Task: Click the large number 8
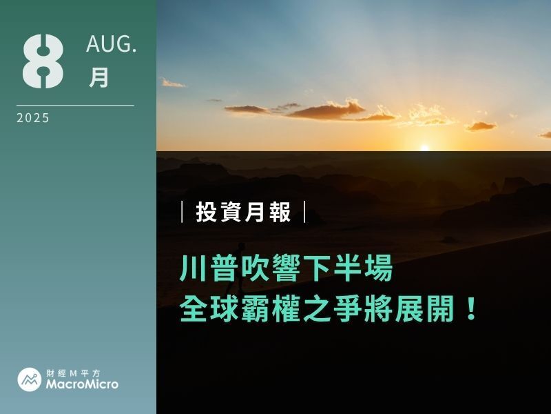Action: [x=43, y=61]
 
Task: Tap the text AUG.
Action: [x=111, y=44]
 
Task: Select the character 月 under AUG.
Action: [x=98, y=77]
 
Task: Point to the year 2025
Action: [x=33, y=118]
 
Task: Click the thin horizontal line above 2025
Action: [x=75, y=106]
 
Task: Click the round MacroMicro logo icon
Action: [x=30, y=379]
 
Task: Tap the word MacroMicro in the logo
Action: [x=82, y=384]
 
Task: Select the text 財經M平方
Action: [x=74, y=373]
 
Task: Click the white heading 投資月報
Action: [x=244, y=212]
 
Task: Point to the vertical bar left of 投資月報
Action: [x=182, y=212]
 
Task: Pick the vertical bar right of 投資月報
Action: [x=304, y=212]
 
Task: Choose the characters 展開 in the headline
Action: [x=424, y=308]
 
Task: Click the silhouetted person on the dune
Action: [x=238, y=268]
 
